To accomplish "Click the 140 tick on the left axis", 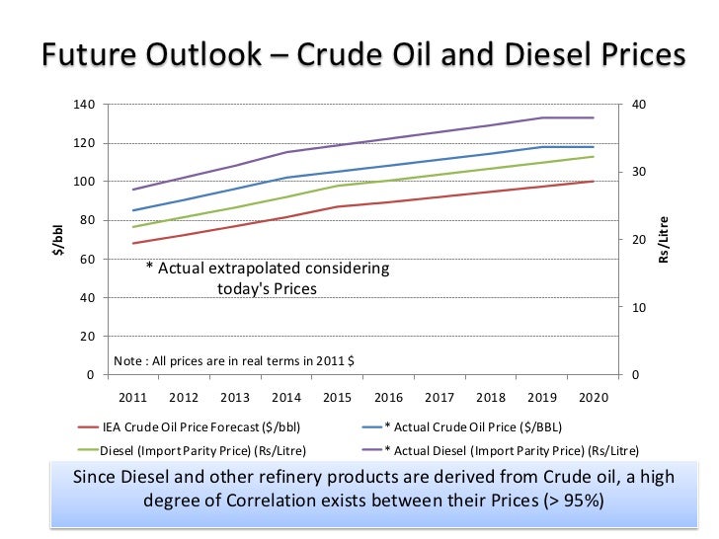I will (x=85, y=105).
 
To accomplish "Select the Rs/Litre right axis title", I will (x=663, y=240).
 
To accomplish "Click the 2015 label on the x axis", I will (x=338, y=397).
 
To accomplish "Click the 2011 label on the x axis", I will (x=132, y=397).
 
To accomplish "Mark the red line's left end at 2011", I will (x=132, y=243).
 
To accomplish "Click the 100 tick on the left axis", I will (x=85, y=182).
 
